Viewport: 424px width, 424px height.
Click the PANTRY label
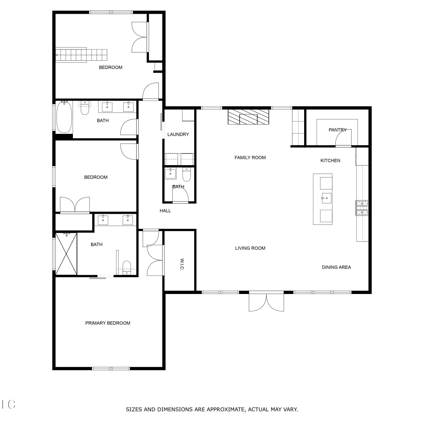(338, 130)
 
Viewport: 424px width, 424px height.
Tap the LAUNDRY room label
(178, 134)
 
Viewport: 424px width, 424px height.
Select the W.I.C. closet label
(182, 264)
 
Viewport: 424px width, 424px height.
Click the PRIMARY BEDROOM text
(108, 323)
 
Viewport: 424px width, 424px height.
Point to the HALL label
(165, 211)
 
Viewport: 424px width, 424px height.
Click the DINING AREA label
(336, 267)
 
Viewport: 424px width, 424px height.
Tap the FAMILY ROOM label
(250, 157)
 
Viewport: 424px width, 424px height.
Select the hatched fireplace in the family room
(248, 117)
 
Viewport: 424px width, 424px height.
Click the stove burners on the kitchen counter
(362, 208)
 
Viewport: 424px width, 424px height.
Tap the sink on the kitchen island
(326, 198)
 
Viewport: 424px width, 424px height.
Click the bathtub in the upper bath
(64, 117)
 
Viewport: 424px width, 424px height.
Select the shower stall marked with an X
(66, 254)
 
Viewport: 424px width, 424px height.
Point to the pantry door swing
(343, 137)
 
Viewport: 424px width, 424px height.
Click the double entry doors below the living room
(266, 302)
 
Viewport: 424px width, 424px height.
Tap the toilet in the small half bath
(187, 174)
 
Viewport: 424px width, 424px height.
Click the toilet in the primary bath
(127, 267)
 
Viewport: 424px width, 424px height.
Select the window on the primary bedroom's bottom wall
(111, 368)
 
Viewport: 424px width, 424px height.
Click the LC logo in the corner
(8, 404)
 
